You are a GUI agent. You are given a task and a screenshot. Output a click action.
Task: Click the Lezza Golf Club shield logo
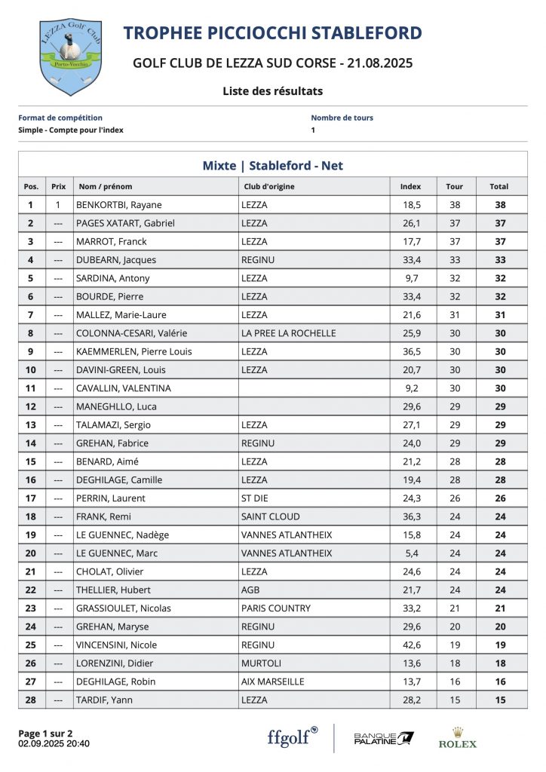[x=70, y=57]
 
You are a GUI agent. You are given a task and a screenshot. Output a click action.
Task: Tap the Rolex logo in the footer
[x=458, y=738]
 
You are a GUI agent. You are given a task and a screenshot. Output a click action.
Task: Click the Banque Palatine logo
[x=384, y=738]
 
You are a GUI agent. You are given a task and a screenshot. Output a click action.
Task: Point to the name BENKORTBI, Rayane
[x=119, y=205]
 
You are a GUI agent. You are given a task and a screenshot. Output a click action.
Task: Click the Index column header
[x=410, y=186]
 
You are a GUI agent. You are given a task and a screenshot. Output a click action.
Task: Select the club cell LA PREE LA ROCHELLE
[x=288, y=333]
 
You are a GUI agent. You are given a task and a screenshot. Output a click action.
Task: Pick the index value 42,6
[x=411, y=645]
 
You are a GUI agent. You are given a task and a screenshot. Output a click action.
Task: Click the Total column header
[x=498, y=186]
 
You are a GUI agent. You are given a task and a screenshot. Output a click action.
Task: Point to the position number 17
[x=30, y=498]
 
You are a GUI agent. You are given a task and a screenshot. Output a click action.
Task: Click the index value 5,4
[x=411, y=553]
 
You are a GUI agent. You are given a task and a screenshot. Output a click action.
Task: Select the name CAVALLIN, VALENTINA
[x=124, y=388]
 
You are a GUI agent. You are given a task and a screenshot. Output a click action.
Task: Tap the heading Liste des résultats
[x=272, y=91]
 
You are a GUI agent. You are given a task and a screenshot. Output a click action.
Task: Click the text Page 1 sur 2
[x=45, y=733]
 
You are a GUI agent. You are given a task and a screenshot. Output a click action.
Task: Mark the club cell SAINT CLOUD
[x=270, y=516]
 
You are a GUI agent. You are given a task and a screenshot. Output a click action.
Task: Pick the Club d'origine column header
[x=269, y=186]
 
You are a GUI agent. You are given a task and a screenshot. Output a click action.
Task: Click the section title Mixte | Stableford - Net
[x=272, y=166]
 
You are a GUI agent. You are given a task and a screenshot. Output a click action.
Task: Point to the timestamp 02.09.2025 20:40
[x=54, y=743]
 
